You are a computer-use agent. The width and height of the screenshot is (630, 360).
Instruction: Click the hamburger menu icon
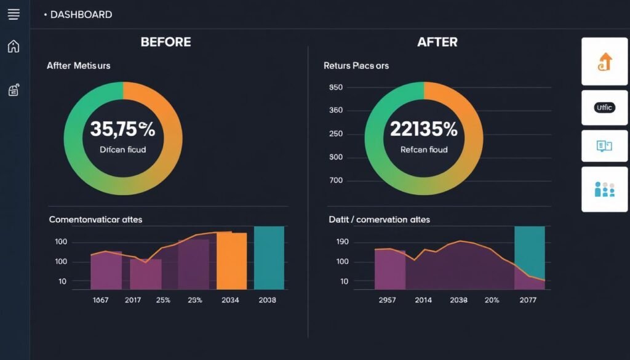click(14, 14)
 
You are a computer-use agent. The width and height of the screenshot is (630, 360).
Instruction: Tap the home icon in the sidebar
click(14, 46)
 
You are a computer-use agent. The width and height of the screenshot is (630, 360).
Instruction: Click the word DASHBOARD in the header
click(81, 14)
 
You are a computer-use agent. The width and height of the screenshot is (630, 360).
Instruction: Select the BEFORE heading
click(165, 42)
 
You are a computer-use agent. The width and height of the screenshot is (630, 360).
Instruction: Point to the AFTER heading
click(437, 42)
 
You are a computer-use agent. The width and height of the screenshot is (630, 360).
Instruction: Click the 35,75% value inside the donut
click(122, 129)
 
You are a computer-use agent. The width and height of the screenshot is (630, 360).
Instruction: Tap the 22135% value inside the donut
click(423, 129)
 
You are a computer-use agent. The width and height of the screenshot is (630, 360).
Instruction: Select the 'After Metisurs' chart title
click(78, 65)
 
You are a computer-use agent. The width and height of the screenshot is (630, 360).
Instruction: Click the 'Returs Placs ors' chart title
click(356, 65)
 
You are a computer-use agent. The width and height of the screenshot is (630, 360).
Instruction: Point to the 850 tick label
click(336, 87)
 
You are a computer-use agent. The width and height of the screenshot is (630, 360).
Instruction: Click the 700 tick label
click(336, 181)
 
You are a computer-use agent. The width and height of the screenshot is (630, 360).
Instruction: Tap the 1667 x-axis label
click(101, 300)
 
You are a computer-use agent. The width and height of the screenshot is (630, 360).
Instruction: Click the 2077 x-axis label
click(528, 300)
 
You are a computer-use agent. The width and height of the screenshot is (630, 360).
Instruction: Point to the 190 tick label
click(341, 242)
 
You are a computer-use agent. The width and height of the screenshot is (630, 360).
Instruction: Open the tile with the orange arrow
click(604, 62)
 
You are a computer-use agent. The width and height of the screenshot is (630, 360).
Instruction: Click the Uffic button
click(604, 108)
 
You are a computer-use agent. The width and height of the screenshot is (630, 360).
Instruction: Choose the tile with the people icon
click(604, 190)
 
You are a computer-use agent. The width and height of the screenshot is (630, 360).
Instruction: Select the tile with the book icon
click(604, 146)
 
